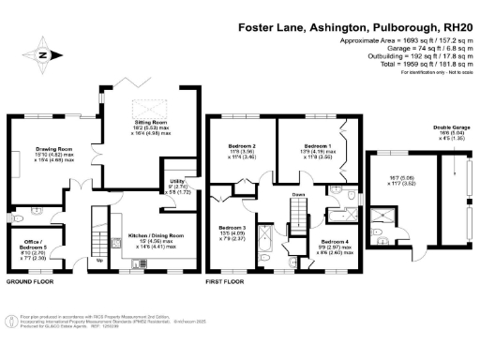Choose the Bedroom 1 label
click(314, 147)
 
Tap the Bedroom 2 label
click(243, 147)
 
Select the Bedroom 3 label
click(232, 228)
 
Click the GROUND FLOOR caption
click(27, 280)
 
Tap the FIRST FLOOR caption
click(225, 280)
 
